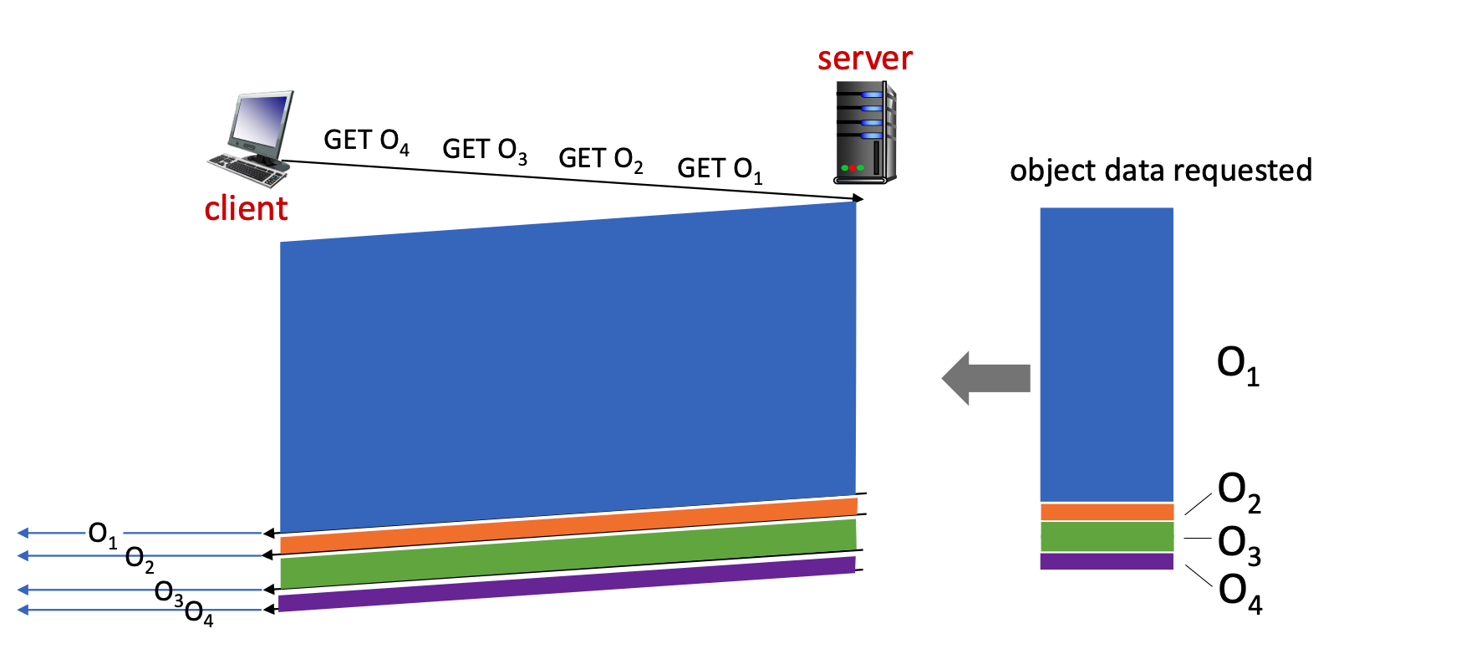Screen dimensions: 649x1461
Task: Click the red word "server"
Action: coord(864,59)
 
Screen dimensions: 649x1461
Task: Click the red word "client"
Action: coord(246,208)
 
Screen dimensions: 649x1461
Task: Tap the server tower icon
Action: coord(865,132)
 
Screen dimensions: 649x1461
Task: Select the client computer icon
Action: coord(252,139)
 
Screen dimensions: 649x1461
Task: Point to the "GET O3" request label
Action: coord(485,150)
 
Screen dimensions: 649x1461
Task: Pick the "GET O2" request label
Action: coord(600,159)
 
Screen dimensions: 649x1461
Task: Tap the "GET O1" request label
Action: coord(719,169)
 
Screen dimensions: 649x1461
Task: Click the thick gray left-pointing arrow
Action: coord(986,378)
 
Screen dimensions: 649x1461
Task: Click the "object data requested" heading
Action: coord(1160,171)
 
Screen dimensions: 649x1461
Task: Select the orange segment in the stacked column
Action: coord(1107,512)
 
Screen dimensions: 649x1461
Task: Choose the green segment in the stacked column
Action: coord(1107,537)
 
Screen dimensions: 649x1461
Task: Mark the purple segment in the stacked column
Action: coord(1107,561)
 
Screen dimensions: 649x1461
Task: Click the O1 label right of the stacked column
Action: coord(1238,365)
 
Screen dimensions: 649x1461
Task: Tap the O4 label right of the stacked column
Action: coord(1240,591)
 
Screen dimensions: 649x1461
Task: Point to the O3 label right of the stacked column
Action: coord(1239,544)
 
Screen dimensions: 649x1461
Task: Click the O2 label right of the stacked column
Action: coord(1239,491)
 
